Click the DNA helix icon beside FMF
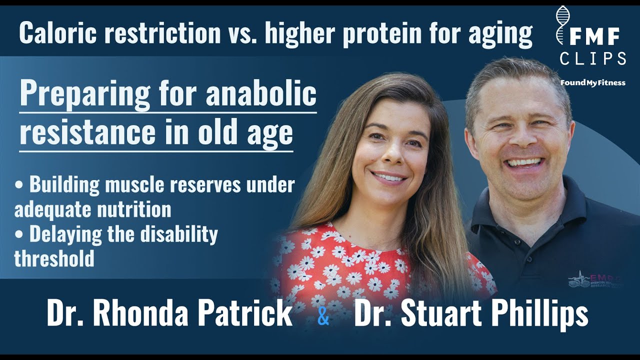562,25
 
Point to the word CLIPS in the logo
593,59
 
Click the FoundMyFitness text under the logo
592,82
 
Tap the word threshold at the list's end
54,258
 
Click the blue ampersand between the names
323,317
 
